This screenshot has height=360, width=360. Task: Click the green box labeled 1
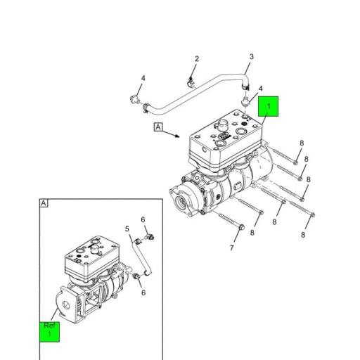[x=269, y=106]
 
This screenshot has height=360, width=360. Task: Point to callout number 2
[x=197, y=59]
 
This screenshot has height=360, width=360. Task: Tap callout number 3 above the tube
[x=251, y=57]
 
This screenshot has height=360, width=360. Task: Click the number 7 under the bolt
[x=231, y=248]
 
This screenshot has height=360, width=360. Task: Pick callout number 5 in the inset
[x=127, y=229]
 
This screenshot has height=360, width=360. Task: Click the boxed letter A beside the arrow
[x=158, y=127]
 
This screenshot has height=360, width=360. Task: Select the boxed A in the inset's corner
[x=44, y=203]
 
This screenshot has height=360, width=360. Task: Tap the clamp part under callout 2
[x=191, y=82]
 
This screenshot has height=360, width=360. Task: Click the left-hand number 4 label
[x=143, y=78]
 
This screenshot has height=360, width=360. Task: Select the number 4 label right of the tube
[x=260, y=89]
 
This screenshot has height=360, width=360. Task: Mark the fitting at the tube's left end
[x=134, y=99]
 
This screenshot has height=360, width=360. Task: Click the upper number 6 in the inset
[x=143, y=220]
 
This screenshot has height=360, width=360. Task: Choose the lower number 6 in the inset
[x=143, y=292]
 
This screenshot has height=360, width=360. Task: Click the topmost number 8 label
[x=301, y=143]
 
